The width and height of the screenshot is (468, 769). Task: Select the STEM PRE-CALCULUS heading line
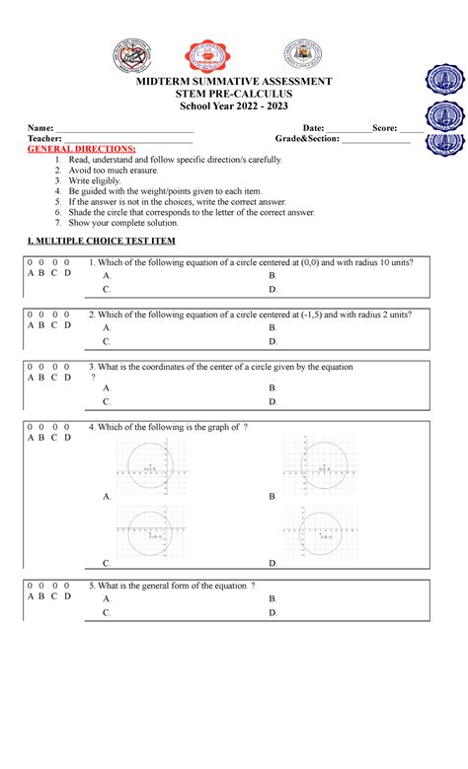point(234,94)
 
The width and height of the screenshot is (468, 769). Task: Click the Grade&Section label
point(298,140)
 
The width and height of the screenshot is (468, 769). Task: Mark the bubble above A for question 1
point(31,262)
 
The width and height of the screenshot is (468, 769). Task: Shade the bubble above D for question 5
point(67,585)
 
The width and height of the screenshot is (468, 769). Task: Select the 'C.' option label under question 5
point(107,612)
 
